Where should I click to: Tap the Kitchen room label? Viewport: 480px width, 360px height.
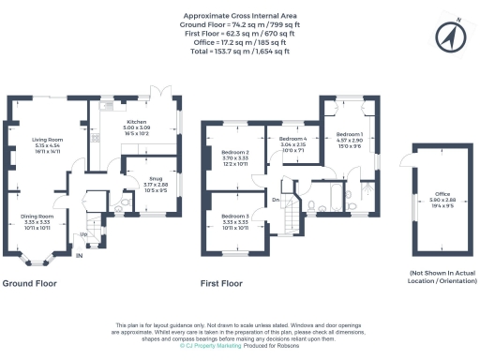[138, 121]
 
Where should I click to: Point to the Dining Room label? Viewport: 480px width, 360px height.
[37, 217]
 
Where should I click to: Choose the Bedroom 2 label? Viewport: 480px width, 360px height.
[234, 152]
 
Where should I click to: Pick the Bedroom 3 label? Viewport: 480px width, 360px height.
[234, 217]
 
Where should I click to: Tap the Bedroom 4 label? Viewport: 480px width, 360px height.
[293, 140]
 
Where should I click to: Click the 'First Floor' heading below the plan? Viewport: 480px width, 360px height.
[221, 282]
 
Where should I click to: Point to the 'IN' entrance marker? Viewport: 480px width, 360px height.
[80, 255]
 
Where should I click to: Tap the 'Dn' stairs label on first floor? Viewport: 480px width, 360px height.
[277, 200]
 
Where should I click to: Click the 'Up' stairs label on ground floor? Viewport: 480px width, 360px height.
[82, 234]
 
